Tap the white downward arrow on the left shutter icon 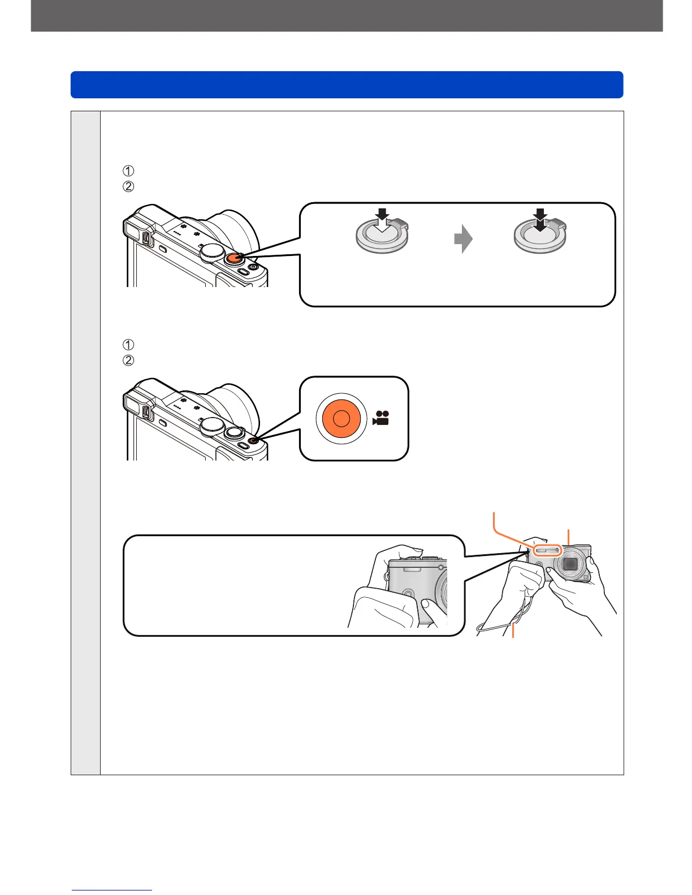tap(383, 219)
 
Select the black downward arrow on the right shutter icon tap(540, 219)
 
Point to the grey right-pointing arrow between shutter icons tap(463, 239)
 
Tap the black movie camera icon tap(381, 418)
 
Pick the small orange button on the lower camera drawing tap(252, 440)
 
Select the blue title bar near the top tap(347, 85)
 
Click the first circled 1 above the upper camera tap(128, 171)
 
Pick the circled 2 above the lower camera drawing tap(128, 360)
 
